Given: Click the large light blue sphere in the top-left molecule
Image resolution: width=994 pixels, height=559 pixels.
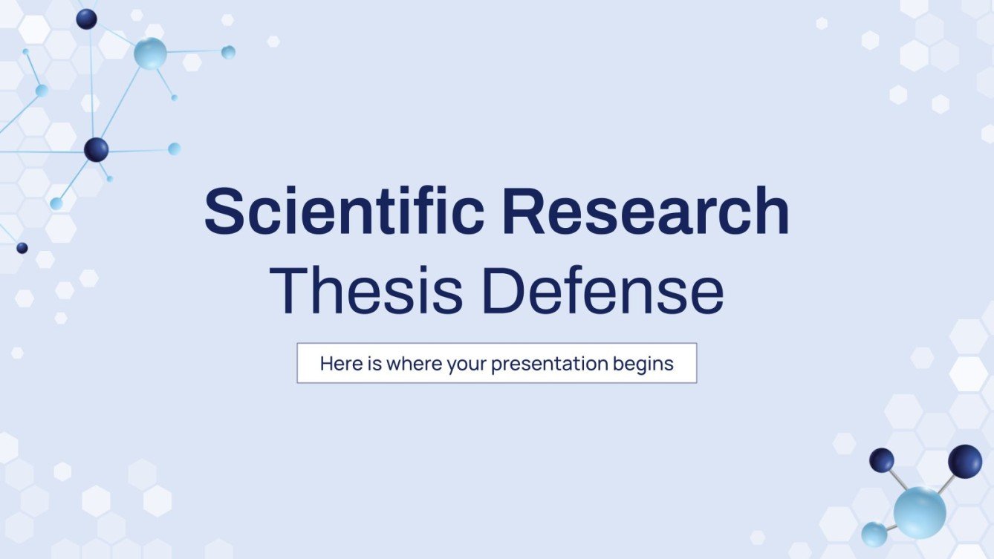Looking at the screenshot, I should pos(150,53).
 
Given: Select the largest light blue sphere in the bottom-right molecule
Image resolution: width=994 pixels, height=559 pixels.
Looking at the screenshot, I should pos(920,512).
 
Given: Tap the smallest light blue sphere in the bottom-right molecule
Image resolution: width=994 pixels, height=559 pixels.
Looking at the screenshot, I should pos(874,534).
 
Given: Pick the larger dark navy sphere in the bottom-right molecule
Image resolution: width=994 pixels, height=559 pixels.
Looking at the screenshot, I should pos(965,461).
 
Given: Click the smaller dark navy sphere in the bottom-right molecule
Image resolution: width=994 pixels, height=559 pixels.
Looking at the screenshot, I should pos(882,460).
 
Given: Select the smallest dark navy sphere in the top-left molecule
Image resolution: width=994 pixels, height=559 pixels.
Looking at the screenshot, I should pos(22,248).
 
